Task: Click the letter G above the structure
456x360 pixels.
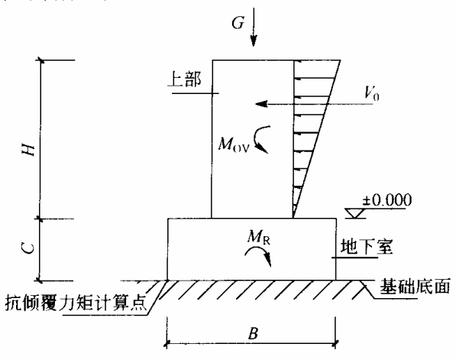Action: tap(238, 22)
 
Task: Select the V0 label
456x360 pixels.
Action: tap(372, 94)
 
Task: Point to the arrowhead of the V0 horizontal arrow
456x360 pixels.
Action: tap(261, 104)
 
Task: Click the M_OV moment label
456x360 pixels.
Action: tap(234, 144)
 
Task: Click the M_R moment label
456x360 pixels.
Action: tap(258, 237)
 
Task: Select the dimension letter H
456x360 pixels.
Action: tap(29, 150)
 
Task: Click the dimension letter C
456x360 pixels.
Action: tap(28, 249)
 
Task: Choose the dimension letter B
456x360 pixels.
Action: tap(254, 333)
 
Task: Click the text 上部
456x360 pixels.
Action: tap(184, 79)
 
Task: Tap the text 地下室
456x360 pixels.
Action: tap(367, 247)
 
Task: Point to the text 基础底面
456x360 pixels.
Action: tap(415, 286)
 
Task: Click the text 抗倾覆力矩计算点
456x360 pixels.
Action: tap(76, 303)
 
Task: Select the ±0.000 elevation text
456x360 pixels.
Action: tap(386, 200)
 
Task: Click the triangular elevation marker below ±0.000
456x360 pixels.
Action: tap(355, 213)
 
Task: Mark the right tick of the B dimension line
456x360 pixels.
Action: tap(335, 344)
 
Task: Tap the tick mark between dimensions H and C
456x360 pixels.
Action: tap(40, 219)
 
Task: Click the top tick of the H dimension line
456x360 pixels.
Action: tap(40, 60)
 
